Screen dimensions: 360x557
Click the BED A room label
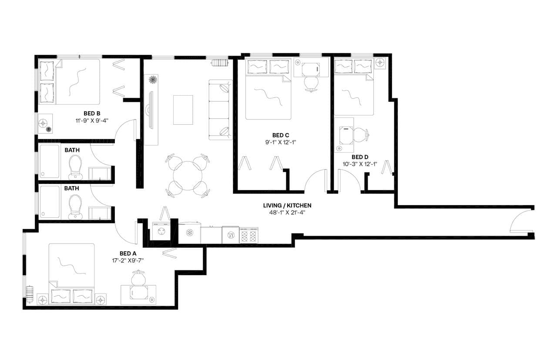point(128,253)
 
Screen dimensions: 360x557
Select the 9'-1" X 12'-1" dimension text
point(281,142)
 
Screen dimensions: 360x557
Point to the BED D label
point(360,157)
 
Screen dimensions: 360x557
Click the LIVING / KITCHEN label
point(287,205)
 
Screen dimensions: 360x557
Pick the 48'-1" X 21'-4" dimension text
point(287,213)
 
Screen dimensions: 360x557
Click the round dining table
point(188,176)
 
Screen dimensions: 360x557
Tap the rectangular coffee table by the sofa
point(183,110)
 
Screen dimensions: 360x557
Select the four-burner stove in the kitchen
point(249,236)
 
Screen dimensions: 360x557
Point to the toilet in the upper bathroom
point(76,167)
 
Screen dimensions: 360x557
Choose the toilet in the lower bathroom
point(76,207)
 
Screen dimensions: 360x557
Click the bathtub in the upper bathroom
point(49,161)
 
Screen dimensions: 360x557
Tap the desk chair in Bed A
point(138,276)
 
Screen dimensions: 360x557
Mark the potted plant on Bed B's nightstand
point(49,129)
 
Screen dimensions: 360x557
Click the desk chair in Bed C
point(311,83)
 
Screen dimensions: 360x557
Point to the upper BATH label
point(72,150)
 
